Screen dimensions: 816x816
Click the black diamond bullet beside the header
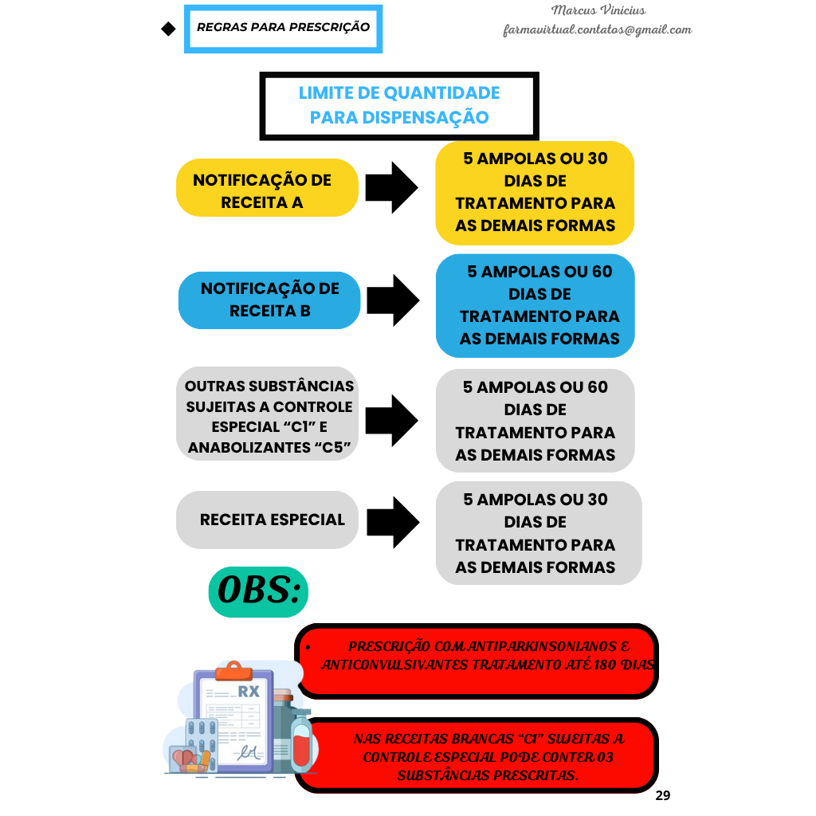tap(168, 29)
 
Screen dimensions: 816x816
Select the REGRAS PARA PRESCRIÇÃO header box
tap(283, 29)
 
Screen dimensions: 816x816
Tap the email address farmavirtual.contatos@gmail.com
tap(598, 29)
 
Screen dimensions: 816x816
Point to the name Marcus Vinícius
tap(598, 10)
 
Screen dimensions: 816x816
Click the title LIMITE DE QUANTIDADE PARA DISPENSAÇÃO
tap(399, 105)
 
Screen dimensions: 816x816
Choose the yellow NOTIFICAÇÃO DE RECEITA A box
tap(267, 188)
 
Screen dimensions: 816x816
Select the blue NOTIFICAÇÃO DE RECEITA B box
tap(269, 300)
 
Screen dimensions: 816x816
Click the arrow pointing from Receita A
tap(391, 187)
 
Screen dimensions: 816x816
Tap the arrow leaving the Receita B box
tap(393, 300)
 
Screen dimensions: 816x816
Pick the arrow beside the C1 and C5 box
tap(391, 421)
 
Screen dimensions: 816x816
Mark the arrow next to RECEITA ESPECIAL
tap(393, 523)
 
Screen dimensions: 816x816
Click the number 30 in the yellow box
tap(598, 159)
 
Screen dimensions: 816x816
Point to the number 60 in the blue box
tap(602, 272)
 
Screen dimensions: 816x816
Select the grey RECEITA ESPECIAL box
tap(267, 520)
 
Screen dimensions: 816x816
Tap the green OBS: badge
tap(258, 592)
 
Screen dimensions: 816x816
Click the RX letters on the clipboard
tap(249, 692)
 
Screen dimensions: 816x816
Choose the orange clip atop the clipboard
tap(234, 671)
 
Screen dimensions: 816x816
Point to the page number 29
tap(662, 795)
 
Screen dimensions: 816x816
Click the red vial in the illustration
tap(300, 744)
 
